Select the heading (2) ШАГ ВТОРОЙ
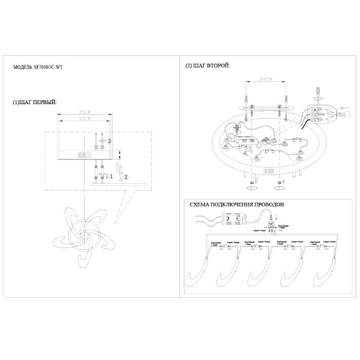208,66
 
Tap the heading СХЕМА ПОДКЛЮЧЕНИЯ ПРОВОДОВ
238,205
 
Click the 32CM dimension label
85,119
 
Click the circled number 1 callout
111,177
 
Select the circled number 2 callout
126,177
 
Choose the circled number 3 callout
110,141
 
